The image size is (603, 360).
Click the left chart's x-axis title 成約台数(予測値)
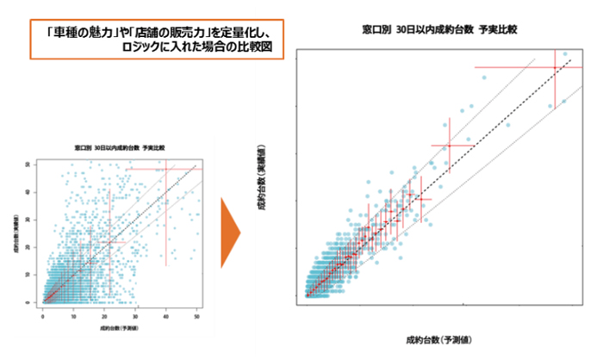coord(120,327)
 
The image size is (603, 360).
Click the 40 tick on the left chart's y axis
coord(33,191)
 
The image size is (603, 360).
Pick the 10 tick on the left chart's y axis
coord(33,275)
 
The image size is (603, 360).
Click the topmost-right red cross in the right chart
coord(555,67)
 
